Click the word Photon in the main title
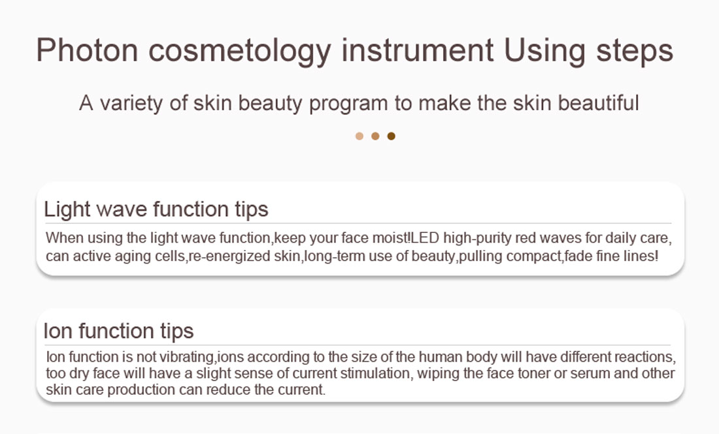[x=87, y=50]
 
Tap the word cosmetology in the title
[x=239, y=52]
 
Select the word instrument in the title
[x=418, y=50]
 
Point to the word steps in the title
[x=635, y=52]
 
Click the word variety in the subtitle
[x=131, y=104]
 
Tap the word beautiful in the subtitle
[x=598, y=102]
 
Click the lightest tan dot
[x=359, y=136]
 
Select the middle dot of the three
[x=375, y=136]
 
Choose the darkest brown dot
[x=391, y=136]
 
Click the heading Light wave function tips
[x=156, y=209]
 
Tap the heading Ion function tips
[x=119, y=331]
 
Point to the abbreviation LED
[x=425, y=238]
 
